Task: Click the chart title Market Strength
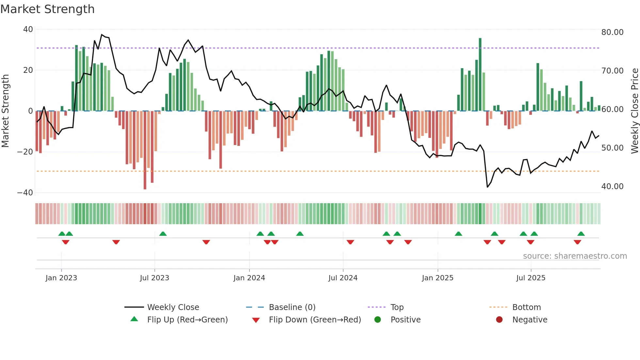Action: coord(47,9)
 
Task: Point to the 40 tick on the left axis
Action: coord(28,29)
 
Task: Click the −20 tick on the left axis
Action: coord(25,152)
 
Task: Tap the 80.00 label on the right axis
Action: coord(612,32)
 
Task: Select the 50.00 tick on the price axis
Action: coord(612,148)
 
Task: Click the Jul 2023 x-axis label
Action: coord(154,278)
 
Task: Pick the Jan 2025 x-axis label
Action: coord(438,278)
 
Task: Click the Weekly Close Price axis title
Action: coord(634,111)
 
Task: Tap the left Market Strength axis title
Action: coord(6,111)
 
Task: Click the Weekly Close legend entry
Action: coord(173,307)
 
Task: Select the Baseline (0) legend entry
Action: coord(292,307)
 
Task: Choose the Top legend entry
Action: coord(397,307)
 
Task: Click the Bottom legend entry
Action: coord(526,307)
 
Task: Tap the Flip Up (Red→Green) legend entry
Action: coord(187,320)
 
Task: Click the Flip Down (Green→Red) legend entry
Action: coord(315,320)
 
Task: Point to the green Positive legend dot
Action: coord(378,320)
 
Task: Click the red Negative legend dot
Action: coord(499,320)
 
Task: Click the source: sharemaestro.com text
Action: coord(575,256)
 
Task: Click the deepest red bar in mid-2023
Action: coord(145,150)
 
